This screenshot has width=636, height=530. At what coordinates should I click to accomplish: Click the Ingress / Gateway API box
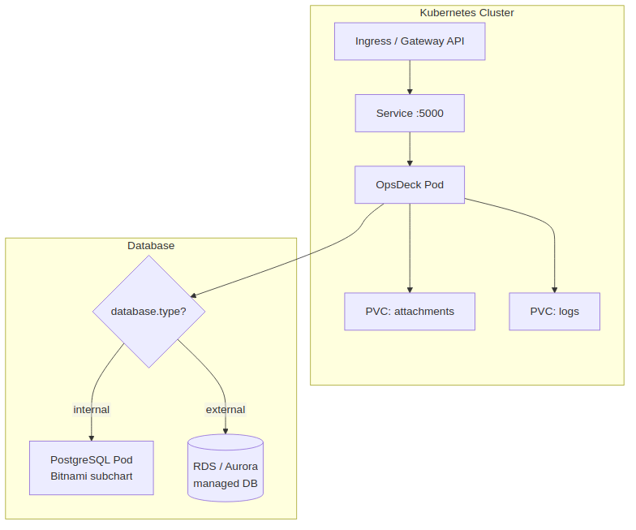(410, 41)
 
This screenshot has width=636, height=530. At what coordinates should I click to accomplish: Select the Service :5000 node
(410, 113)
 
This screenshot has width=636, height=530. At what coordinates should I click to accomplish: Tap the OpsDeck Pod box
(410, 184)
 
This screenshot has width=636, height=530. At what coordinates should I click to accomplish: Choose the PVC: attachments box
(410, 311)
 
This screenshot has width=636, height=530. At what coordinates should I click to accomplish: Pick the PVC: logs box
(554, 311)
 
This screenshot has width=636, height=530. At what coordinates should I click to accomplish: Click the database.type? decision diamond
(148, 311)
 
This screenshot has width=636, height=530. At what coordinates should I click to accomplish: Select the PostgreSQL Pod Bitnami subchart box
(92, 468)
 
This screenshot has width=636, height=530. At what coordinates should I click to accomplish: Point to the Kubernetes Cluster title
(466, 13)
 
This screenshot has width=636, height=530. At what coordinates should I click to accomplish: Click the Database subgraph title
(151, 245)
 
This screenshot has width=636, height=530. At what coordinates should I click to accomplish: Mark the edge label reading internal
(92, 409)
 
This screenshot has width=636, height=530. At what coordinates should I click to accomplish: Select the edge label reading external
(226, 409)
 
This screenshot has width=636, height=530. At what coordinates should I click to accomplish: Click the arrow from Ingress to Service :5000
(410, 77)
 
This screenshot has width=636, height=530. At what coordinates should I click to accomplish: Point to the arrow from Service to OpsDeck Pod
(410, 149)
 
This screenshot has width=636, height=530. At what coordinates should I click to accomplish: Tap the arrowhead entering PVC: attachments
(410, 289)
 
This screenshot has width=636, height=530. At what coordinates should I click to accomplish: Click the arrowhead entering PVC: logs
(554, 289)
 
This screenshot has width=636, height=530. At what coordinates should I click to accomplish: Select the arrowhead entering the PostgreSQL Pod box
(92, 437)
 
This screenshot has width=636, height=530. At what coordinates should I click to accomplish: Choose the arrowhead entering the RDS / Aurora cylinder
(226, 431)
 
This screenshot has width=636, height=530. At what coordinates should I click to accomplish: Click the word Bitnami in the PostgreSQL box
(71, 476)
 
